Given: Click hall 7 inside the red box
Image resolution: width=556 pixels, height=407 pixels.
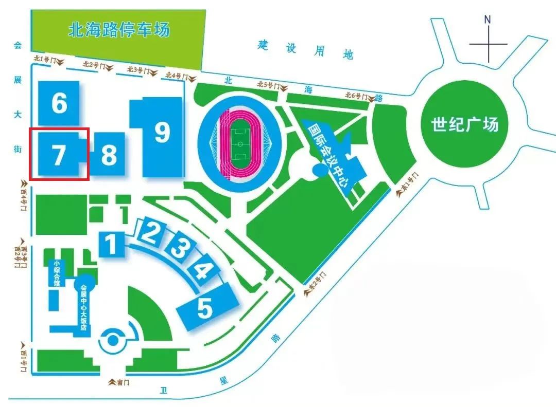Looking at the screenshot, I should click(58, 154).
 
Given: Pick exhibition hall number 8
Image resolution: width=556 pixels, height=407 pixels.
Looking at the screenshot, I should click(109, 154).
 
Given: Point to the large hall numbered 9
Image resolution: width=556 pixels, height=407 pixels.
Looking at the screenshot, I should click(162, 133).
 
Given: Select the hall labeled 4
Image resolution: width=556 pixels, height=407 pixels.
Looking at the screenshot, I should click(204, 269).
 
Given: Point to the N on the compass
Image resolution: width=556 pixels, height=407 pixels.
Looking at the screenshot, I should click(488, 20).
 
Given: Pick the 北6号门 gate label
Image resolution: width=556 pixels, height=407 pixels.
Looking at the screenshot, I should click(356, 96).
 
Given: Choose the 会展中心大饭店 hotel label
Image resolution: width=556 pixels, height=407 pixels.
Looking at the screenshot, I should click(83, 306).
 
